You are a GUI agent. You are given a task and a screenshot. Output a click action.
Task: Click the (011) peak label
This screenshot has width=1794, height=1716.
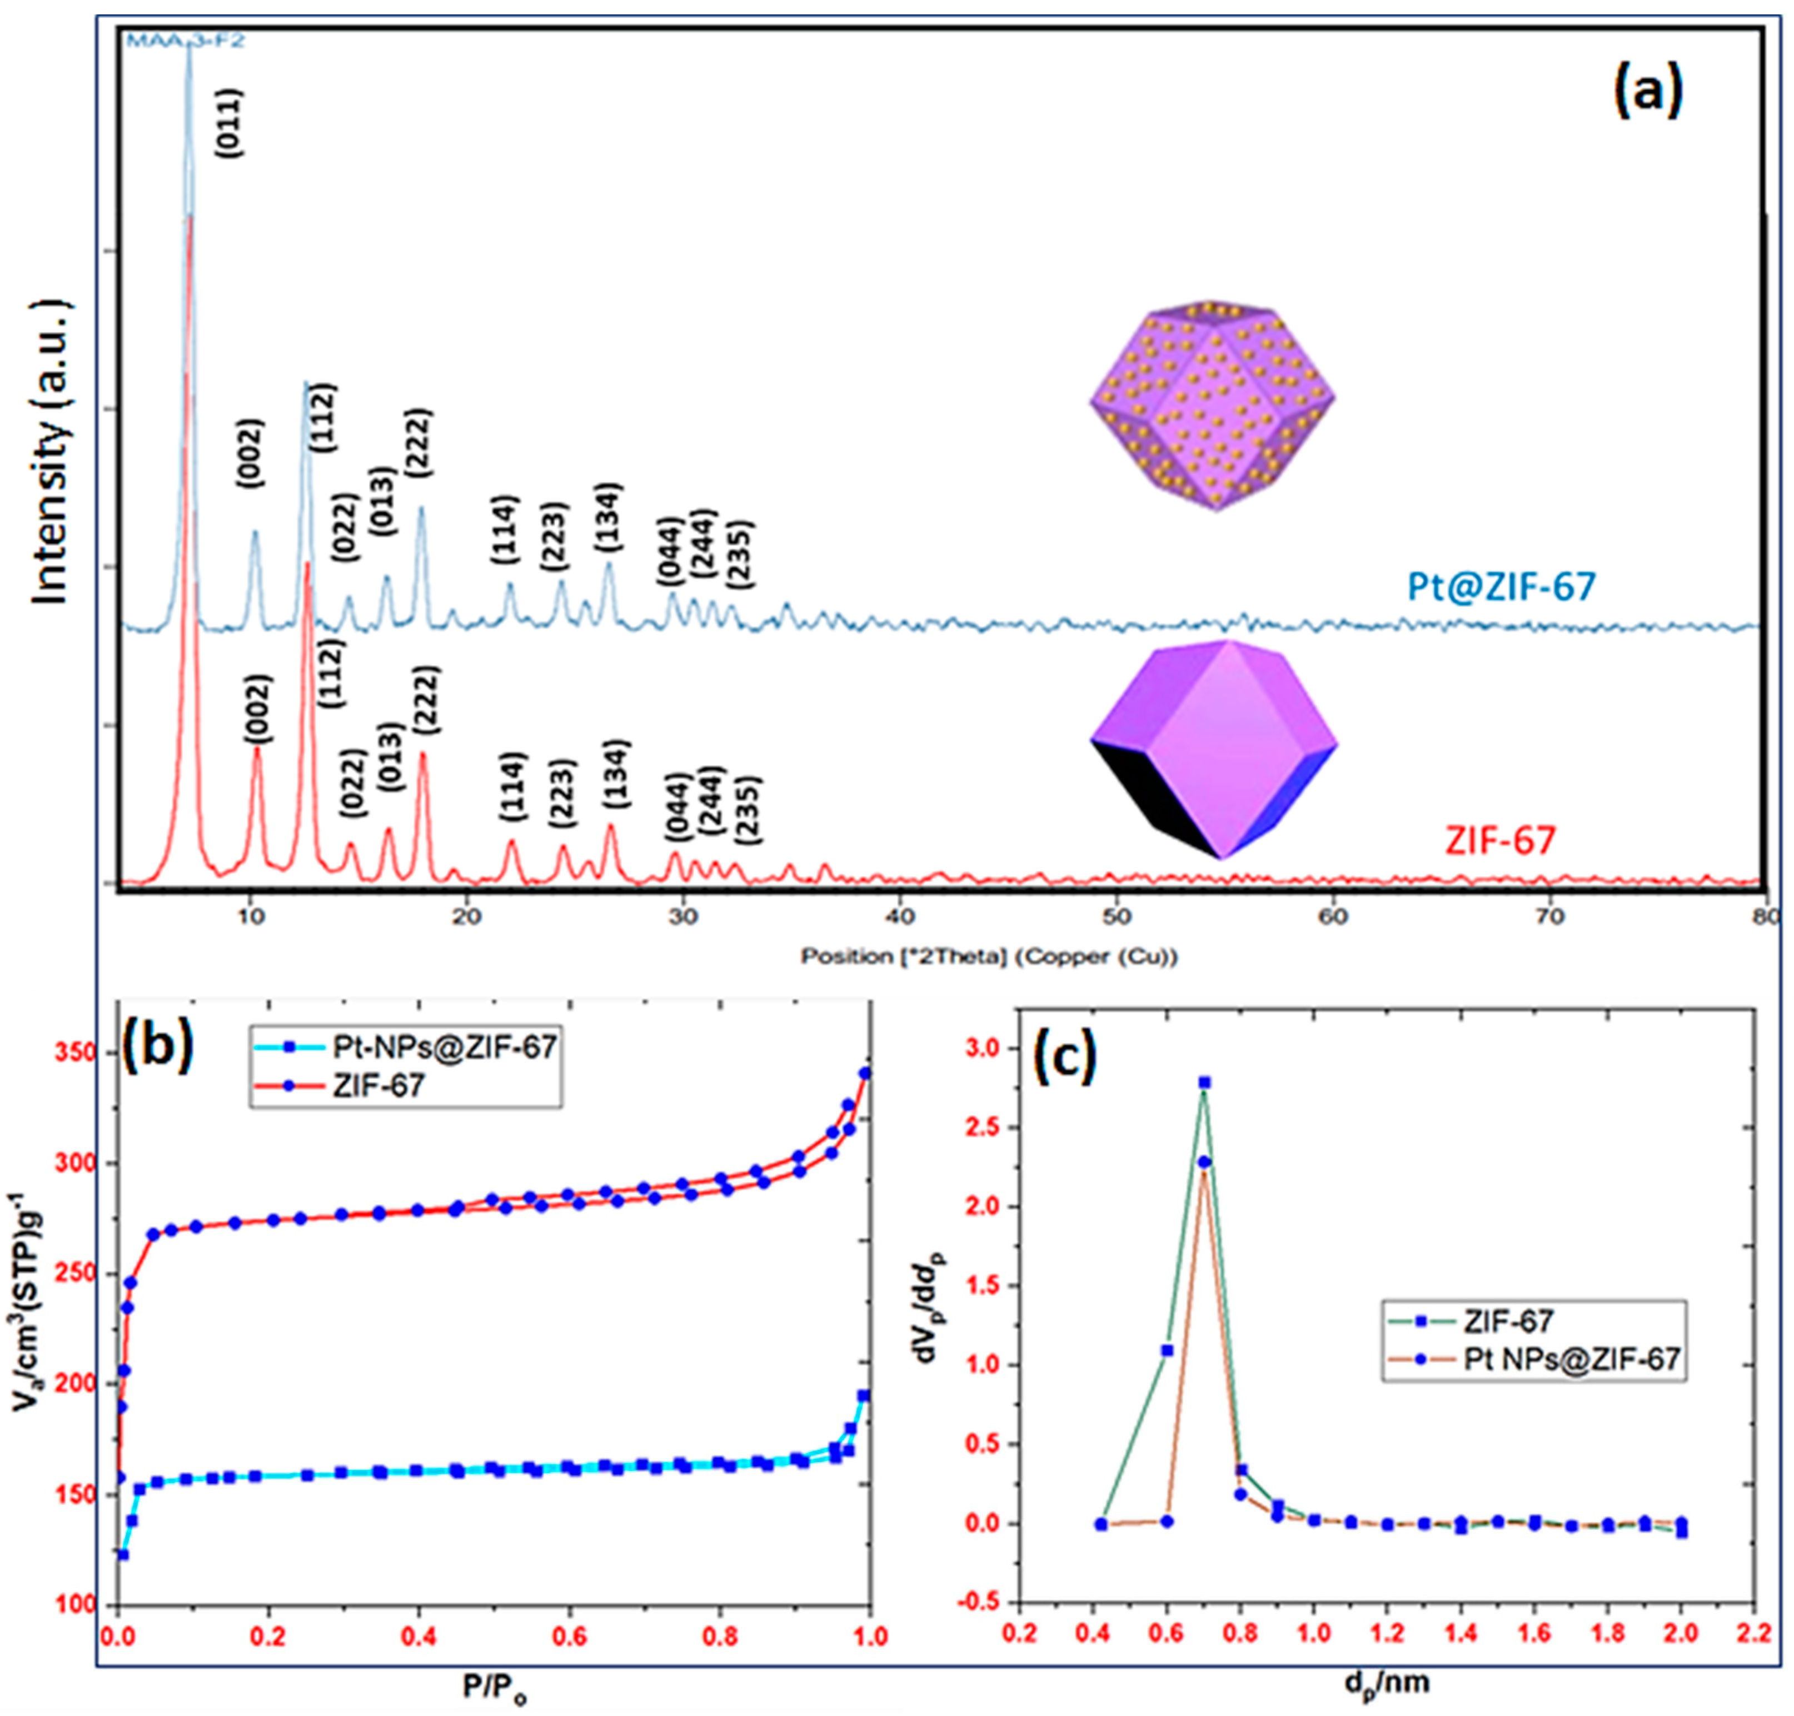[230, 122]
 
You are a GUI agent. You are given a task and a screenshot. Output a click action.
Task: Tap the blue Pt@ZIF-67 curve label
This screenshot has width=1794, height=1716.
[1501, 585]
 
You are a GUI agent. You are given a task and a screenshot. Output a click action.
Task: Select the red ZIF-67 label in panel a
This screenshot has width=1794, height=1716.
[1501, 840]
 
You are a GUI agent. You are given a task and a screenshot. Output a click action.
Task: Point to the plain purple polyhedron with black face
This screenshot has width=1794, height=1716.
[1214, 748]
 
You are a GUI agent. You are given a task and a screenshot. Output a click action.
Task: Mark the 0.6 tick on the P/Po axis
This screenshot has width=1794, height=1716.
[569, 1635]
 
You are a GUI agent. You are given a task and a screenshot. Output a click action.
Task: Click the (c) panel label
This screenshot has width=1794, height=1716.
[1063, 1057]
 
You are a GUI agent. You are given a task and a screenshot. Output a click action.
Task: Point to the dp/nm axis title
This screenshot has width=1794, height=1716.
[1387, 1681]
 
